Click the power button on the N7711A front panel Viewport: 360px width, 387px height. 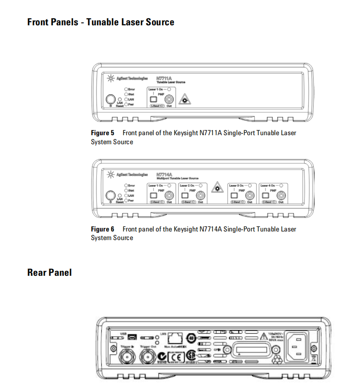pyautogui.click(x=110, y=100)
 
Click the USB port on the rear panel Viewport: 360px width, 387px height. pyautogui.click(x=131, y=337)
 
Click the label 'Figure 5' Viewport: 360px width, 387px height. pyautogui.click(x=103, y=133)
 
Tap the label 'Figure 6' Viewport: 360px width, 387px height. pyautogui.click(x=103, y=229)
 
